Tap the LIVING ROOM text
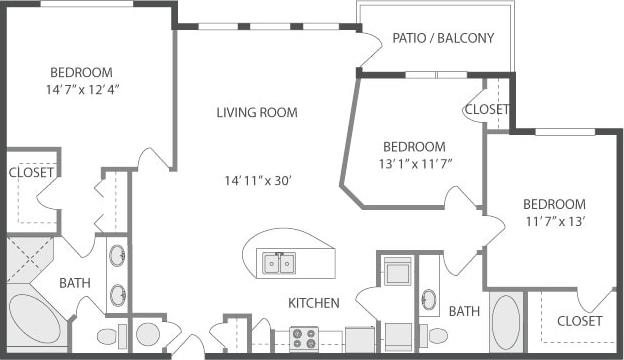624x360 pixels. (257, 113)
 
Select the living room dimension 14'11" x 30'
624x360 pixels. (257, 181)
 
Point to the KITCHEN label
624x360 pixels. (314, 303)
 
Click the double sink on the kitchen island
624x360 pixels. (279, 264)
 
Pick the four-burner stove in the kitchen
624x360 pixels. (303, 338)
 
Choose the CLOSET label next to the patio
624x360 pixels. (487, 109)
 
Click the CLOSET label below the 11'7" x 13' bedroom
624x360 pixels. (580, 321)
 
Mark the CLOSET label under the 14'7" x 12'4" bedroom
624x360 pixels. (31, 172)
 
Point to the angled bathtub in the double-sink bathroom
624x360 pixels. (33, 319)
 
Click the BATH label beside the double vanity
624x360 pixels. (74, 283)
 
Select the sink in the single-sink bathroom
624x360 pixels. (429, 298)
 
